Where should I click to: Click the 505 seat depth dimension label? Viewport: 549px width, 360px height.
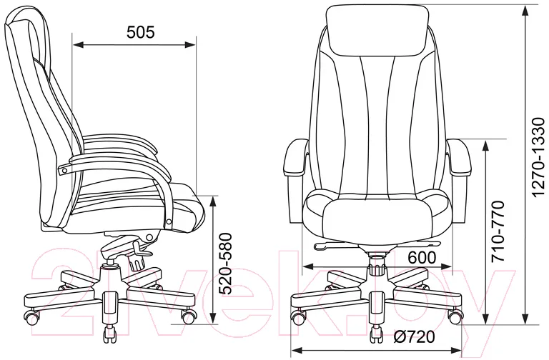click(140, 32)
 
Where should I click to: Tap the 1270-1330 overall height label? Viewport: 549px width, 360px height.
click(538, 158)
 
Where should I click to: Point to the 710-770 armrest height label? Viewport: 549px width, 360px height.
click(498, 231)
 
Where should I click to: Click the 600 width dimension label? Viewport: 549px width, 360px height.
click(422, 258)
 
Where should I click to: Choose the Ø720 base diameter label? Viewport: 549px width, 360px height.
click(414, 337)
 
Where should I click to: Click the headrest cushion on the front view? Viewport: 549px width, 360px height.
click(377, 29)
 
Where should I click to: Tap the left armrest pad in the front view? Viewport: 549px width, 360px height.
click(296, 157)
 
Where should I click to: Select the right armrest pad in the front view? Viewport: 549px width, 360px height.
click(458, 157)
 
